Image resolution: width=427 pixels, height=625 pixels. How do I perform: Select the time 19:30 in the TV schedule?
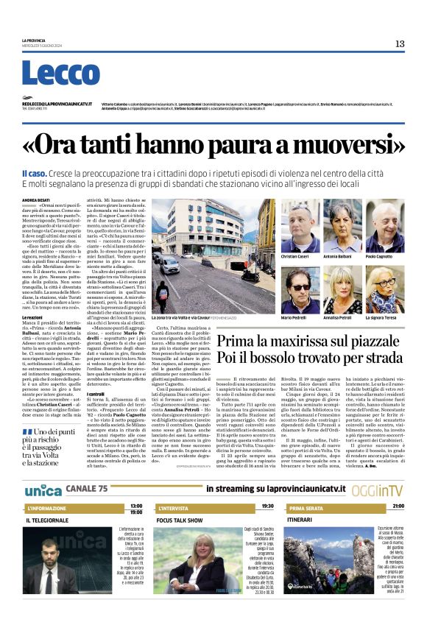267,506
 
